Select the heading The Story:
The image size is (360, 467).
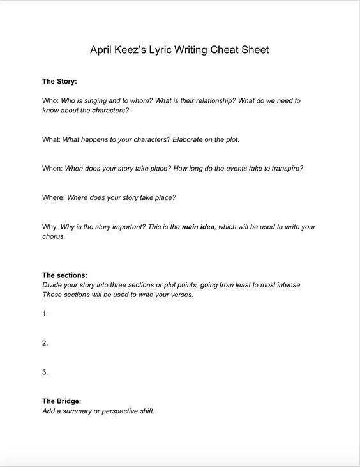(59, 81)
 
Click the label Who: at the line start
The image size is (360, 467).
(50, 100)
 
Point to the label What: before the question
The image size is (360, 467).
(52, 139)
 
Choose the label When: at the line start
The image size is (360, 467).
(52, 169)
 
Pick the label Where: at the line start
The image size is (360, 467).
(54, 197)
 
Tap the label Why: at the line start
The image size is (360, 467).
(50, 227)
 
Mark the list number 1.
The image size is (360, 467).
(45, 314)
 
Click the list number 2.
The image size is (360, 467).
(45, 343)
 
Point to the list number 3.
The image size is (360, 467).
(45, 372)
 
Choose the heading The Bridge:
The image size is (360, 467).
(62, 401)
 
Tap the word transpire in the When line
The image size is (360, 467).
(285, 169)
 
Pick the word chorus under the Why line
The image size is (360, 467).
(53, 236)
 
